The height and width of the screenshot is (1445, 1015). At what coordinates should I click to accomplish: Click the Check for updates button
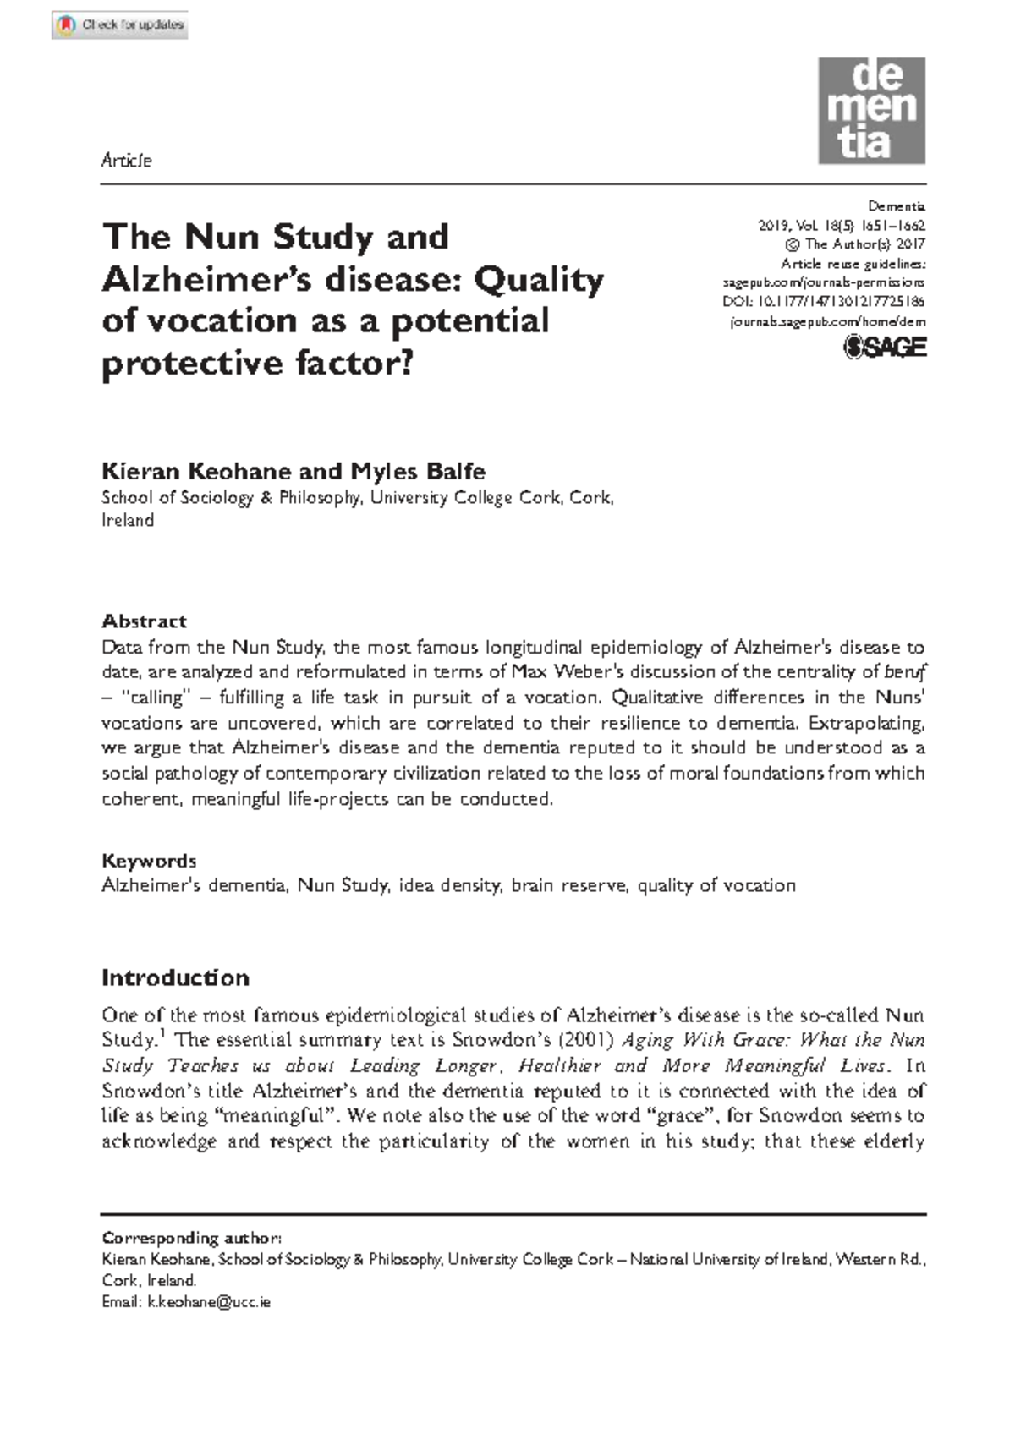119,25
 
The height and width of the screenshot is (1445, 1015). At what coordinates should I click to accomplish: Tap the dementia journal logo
871,111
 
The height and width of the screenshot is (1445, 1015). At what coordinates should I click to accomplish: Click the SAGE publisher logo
886,348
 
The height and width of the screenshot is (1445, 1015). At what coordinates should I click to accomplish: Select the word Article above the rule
126,161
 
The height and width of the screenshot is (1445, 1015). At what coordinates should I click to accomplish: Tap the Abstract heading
144,621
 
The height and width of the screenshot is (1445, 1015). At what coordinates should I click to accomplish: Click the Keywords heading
149,861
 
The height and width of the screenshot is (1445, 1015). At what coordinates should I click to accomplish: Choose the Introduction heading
175,978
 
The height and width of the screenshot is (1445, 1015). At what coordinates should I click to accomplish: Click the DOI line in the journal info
823,302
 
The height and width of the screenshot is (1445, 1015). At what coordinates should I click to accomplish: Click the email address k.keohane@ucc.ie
209,1302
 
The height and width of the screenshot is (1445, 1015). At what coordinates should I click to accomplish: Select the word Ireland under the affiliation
128,521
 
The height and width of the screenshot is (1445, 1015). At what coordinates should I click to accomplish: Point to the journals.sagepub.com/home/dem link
827,322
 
